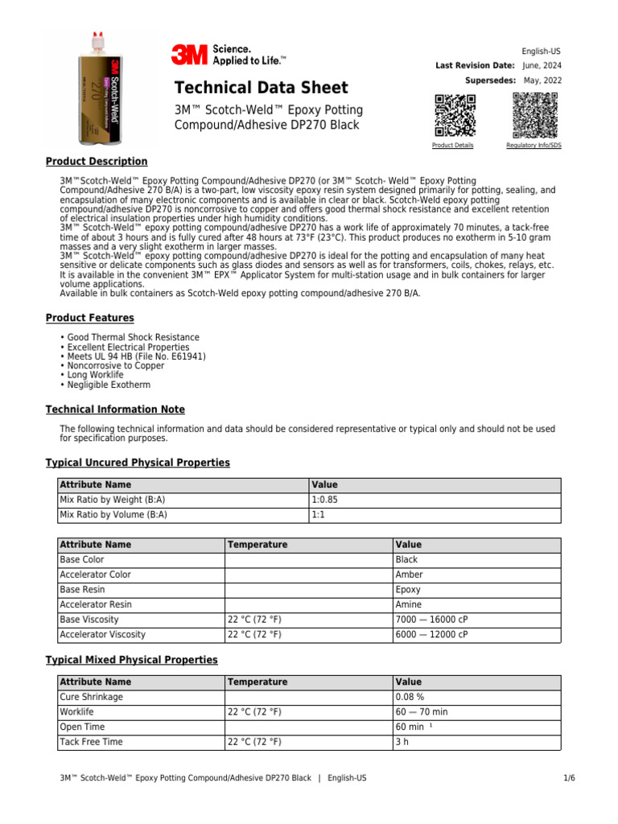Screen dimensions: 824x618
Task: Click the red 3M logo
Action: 187,55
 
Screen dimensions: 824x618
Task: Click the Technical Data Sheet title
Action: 262,88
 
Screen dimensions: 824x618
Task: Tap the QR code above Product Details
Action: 454,115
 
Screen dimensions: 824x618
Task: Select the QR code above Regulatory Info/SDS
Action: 534,115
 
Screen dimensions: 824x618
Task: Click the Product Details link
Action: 452,146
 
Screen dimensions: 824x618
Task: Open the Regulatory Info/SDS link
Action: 534,146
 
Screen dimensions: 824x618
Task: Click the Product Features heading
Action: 89,318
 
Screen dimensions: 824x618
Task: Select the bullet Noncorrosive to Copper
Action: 116,366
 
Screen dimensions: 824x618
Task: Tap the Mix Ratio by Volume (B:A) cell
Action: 113,515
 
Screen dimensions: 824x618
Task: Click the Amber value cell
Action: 409,575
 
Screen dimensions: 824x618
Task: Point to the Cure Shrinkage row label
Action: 92,697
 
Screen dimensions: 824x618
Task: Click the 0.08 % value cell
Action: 410,697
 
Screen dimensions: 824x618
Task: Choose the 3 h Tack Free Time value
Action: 402,742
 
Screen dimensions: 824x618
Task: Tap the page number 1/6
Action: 555,778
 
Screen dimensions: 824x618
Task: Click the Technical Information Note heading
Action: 115,410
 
